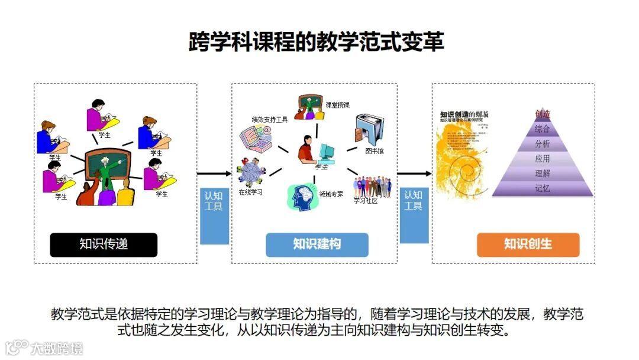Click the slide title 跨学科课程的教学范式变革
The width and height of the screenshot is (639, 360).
316,42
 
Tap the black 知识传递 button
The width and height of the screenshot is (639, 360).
104,245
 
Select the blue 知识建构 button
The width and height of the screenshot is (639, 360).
317,245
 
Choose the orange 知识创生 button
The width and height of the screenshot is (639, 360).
528,245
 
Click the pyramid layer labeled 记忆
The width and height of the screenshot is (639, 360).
542,188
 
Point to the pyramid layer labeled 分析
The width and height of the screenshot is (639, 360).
542,144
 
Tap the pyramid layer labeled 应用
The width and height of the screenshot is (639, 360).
542,159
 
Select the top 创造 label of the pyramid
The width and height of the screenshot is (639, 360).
542,114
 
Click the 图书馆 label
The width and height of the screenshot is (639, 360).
374,151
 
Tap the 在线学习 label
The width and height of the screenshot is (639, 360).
251,192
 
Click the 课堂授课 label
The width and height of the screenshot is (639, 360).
337,105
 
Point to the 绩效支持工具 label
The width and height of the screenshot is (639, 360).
270,119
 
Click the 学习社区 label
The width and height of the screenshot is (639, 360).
365,201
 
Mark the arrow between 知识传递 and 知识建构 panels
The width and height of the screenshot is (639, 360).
214,173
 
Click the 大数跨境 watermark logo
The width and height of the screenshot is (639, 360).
44,347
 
